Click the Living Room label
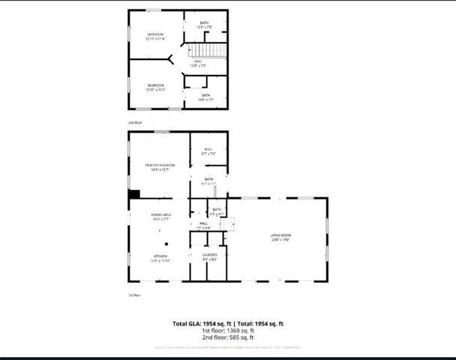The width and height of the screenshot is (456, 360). (280, 236)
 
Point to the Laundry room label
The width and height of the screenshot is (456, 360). (209, 255)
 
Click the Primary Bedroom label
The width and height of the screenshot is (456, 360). (160, 165)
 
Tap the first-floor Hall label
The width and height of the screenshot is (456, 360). (203, 223)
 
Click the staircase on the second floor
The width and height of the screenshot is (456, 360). (216, 52)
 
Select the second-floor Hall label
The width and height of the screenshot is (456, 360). (198, 61)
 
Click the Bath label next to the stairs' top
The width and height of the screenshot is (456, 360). (205, 22)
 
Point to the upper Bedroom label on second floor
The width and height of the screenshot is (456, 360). (155, 34)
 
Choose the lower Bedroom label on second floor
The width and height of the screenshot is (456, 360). (155, 85)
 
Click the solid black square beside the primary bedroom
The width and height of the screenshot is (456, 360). (134, 194)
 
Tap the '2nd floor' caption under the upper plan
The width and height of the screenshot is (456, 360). (134, 121)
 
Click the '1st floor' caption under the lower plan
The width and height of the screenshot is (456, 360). (134, 295)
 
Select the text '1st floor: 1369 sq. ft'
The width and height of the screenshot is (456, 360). (228, 331)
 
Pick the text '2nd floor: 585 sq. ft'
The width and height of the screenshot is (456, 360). (228, 337)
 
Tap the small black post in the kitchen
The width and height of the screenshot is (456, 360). (167, 242)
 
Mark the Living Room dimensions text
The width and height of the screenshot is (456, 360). (280, 241)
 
